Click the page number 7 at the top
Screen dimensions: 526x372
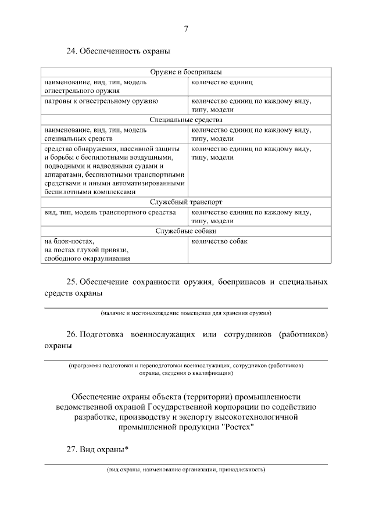tap(186, 29)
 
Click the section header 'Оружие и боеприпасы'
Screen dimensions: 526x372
tap(186, 72)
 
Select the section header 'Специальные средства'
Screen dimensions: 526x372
tap(186, 120)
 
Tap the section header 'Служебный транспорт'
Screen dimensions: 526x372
tap(186, 202)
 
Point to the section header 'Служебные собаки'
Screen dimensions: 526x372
tap(186, 231)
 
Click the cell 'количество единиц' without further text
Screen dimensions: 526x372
tap(219, 82)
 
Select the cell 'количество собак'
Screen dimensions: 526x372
tap(217, 241)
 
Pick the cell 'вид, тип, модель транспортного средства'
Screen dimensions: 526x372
tap(106, 212)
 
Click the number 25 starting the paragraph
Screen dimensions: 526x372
tap(72, 282)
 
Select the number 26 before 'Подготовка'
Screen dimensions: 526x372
tap(72, 335)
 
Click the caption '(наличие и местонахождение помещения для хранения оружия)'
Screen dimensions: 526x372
tap(186, 313)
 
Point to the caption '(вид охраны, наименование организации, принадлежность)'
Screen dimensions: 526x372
tap(186, 468)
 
